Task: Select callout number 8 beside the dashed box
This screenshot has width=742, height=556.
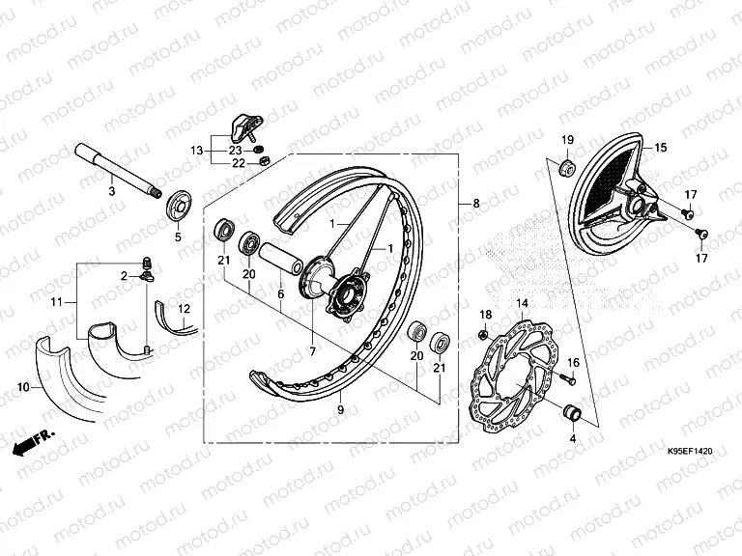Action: tap(474, 204)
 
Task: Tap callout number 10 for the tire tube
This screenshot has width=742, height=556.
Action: tap(22, 387)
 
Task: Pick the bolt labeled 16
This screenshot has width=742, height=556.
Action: tap(561, 377)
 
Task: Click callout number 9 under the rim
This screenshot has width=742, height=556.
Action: tap(339, 410)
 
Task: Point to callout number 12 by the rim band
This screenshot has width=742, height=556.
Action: tap(184, 308)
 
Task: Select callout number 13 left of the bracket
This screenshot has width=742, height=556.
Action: tap(196, 151)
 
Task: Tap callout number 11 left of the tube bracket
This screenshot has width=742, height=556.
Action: tap(57, 302)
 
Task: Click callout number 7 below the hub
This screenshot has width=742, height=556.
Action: tap(312, 351)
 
